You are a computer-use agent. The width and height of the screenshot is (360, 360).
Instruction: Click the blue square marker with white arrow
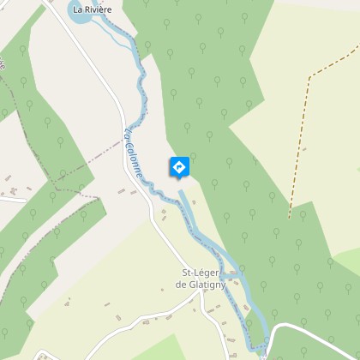pyautogui.click(x=179, y=167)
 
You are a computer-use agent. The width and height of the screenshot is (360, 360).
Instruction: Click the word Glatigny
pyautogui.click(x=209, y=285)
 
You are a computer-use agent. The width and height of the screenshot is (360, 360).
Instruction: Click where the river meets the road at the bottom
pyautogui.click(x=261, y=345)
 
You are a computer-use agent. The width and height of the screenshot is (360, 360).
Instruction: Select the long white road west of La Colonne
pyautogui.click(x=124, y=129)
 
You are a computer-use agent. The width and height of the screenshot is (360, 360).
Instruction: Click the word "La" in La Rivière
pyautogui.click(x=78, y=10)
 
